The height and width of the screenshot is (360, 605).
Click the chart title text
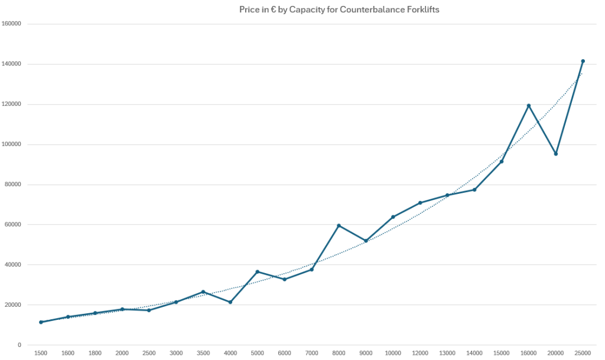(339, 9)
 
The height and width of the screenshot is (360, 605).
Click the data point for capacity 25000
(583, 61)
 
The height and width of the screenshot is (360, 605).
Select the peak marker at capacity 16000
(529, 105)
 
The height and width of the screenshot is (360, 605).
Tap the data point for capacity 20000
(556, 154)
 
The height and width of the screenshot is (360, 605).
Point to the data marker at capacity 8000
(339, 225)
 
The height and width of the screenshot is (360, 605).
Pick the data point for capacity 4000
(230, 302)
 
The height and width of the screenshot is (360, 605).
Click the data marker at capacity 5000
(258, 271)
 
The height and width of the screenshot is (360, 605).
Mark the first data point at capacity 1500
(41, 322)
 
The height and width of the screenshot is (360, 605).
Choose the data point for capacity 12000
(420, 203)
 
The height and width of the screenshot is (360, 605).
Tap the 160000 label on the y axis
(12, 24)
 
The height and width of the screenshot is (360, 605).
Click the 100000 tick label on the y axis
(12, 144)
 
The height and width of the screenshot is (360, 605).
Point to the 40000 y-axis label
(14, 265)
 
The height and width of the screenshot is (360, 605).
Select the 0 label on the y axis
(19, 345)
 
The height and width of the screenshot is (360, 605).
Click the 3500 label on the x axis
(203, 352)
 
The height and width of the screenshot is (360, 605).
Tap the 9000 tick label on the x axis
(366, 352)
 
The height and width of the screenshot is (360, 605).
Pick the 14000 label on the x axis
(474, 352)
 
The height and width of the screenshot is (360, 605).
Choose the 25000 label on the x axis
(583, 352)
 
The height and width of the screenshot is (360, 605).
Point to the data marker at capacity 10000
(393, 217)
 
